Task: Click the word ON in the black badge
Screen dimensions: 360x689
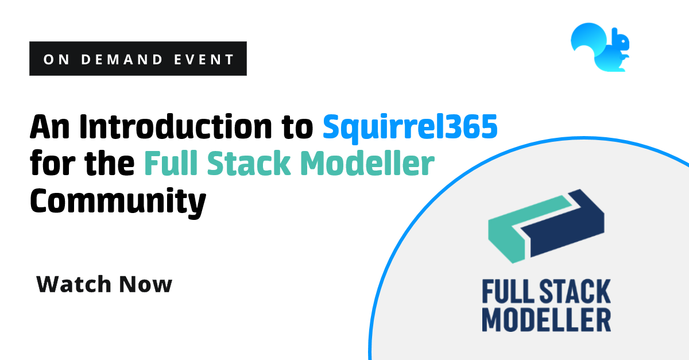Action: (x=55, y=59)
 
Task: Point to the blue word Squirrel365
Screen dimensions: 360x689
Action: (x=409, y=127)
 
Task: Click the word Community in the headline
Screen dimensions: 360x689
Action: (x=118, y=201)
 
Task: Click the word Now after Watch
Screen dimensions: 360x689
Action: (x=146, y=284)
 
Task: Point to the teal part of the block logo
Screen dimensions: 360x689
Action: (x=511, y=230)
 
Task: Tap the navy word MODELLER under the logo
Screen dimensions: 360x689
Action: (x=546, y=320)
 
